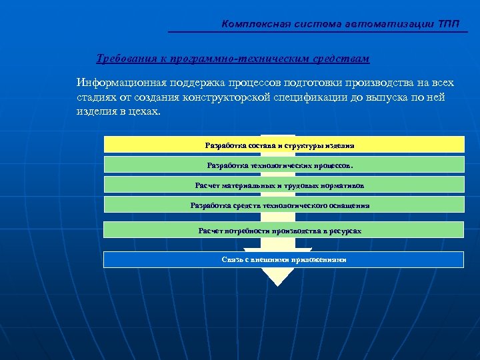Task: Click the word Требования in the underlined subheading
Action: [x=126, y=59]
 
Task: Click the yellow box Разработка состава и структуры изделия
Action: [x=284, y=145]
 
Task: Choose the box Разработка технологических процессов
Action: [x=284, y=165]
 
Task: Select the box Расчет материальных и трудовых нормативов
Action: [x=284, y=185]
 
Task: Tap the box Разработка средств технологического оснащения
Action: [x=284, y=205]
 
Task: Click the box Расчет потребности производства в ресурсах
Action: [x=284, y=230]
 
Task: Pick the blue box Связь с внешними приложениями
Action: [x=284, y=259]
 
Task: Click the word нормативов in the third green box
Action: [x=343, y=185]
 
